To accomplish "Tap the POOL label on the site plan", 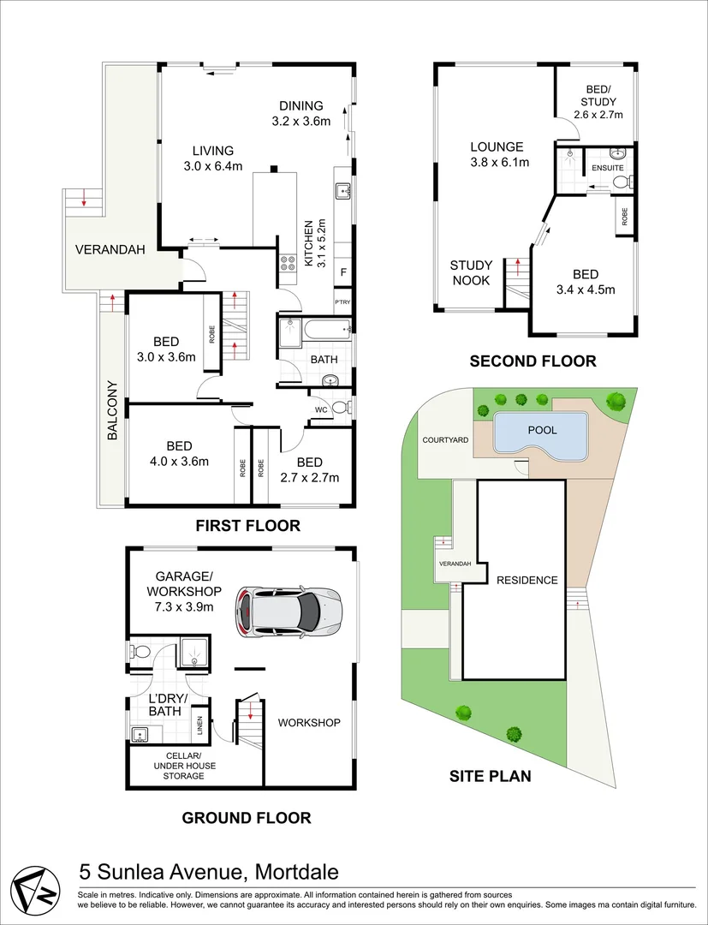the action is (x=542, y=430).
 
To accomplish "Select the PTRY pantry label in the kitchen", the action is (x=342, y=302).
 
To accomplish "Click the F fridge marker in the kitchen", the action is (x=343, y=272).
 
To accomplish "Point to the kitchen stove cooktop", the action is (x=287, y=263).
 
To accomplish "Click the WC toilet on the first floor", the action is (x=340, y=408).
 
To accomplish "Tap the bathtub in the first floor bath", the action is (x=326, y=329).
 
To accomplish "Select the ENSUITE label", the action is (x=607, y=168).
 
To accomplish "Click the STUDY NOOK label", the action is (x=470, y=272).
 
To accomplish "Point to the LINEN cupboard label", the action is (x=199, y=725).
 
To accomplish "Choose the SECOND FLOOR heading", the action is (x=532, y=361).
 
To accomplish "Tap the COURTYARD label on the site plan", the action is (x=445, y=440).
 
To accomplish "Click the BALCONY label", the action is (x=113, y=410).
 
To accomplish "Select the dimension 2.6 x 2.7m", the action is (x=598, y=115).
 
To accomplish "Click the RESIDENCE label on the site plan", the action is (x=527, y=580).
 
